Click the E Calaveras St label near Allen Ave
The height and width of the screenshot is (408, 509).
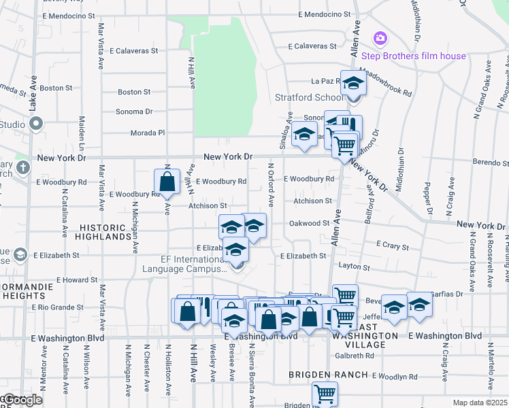click(312, 47)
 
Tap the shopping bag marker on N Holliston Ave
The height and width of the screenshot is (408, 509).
click(167, 182)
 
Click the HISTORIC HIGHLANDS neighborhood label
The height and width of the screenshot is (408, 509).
click(104, 232)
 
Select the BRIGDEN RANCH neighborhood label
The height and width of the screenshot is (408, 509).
click(323, 375)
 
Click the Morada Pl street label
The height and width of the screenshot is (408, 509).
click(148, 133)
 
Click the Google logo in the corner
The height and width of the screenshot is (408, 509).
click(22, 401)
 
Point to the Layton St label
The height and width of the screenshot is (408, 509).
click(353, 268)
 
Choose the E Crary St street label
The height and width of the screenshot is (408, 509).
click(391, 243)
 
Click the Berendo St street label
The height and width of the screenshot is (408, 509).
click(491, 163)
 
